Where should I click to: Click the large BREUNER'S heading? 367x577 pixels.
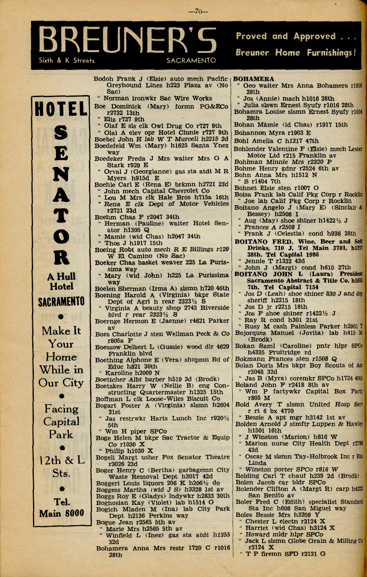[x=127, y=41]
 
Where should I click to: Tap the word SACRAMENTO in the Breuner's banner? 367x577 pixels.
[x=191, y=61]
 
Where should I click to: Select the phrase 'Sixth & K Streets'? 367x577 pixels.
[x=66, y=61]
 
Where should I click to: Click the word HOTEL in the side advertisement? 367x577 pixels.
[x=61, y=109]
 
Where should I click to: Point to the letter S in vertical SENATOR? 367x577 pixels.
[x=61, y=133]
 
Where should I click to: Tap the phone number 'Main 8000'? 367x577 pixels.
[x=61, y=513]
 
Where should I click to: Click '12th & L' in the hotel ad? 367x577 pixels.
[x=62, y=460]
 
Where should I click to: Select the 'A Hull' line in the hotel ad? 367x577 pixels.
[x=61, y=276]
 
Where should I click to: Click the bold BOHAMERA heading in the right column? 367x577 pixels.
[x=254, y=79]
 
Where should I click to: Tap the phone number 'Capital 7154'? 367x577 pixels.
[x=297, y=287]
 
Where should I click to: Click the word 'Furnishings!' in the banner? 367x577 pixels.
[x=331, y=53]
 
